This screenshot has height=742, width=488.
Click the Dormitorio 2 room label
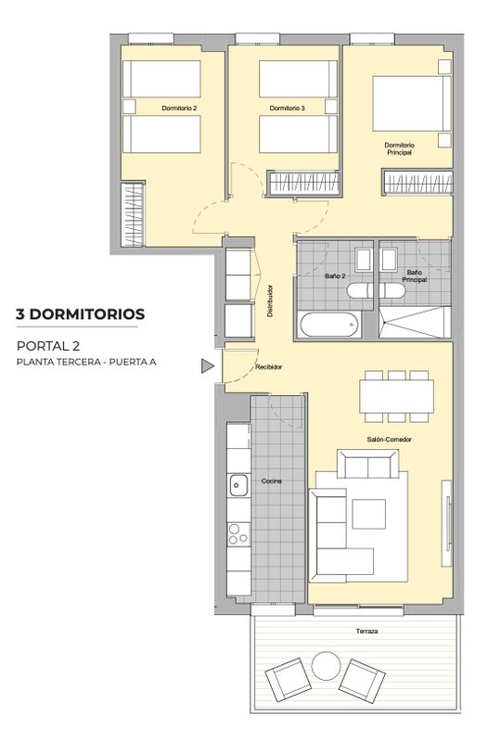pyautogui.click(x=179, y=109)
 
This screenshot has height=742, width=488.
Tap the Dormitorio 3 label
pyautogui.click(x=287, y=109)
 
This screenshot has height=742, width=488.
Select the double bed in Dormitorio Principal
pyautogui.click(x=412, y=103)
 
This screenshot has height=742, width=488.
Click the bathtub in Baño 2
pyautogui.click(x=330, y=325)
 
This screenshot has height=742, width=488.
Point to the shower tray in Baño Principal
pyautogui.click(x=415, y=323)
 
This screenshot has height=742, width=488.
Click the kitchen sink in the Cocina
pyautogui.click(x=238, y=485)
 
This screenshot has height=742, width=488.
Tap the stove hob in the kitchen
pyautogui.click(x=238, y=534)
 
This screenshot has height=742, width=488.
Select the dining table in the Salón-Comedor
pyautogui.click(x=397, y=397)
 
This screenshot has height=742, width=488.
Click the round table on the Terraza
pyautogui.click(x=326, y=666)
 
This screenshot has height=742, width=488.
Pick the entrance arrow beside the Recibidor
pyautogui.click(x=207, y=365)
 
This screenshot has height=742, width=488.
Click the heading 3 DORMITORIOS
pyautogui.click(x=81, y=313)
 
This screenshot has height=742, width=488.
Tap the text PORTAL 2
pyautogui.click(x=48, y=346)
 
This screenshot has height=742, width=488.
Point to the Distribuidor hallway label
pyautogui.click(x=270, y=301)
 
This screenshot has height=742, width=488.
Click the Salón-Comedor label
pyautogui.click(x=389, y=440)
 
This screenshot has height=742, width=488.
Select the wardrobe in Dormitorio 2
pyautogui.click(x=133, y=214)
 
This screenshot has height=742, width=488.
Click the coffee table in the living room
pyautogui.click(x=368, y=514)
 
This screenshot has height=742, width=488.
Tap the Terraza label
pyautogui.click(x=366, y=632)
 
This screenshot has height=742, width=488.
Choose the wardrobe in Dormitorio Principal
pyautogui.click(x=417, y=183)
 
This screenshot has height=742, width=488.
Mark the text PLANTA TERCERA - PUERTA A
pyautogui.click(x=86, y=363)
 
